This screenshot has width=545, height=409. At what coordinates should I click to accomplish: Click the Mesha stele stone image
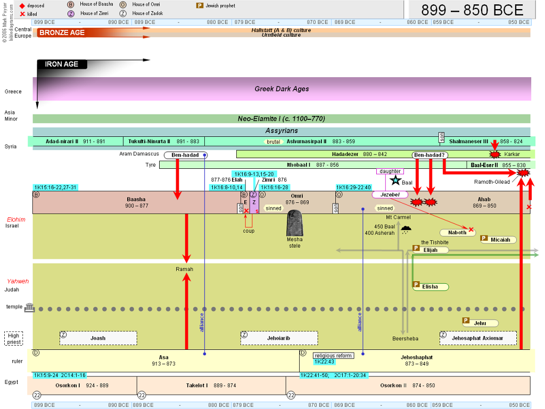tap(295, 224)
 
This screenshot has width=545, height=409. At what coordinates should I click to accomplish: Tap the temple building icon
tap(30, 307)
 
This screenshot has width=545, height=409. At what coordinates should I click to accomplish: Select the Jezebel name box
tap(390, 195)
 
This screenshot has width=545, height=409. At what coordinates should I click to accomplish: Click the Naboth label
tap(457, 233)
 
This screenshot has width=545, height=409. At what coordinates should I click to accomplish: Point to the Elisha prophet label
tap(430, 287)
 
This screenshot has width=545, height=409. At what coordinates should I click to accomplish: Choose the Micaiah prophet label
tap(498, 240)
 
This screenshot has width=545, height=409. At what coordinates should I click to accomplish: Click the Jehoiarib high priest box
tap(279, 338)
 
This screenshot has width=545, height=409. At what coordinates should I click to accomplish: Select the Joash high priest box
tap(98, 338)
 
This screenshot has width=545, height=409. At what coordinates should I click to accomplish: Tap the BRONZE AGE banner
tap(62, 32)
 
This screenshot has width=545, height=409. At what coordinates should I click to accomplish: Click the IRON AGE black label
tap(62, 64)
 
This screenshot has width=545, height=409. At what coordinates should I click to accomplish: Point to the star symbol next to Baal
tap(395, 181)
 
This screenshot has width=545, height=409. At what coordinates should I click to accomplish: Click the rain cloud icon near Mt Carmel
tap(406, 230)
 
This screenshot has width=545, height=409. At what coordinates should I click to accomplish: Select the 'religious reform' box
tap(333, 355)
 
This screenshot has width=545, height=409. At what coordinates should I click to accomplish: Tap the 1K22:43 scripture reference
tap(324, 362)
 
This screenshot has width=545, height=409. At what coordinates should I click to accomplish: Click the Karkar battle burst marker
tap(494, 154)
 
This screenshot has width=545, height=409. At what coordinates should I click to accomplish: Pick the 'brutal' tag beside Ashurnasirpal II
tap(273, 142)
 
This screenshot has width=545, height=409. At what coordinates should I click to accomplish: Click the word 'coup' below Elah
tap(249, 231)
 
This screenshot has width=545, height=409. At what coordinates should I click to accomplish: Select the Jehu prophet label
tap(481, 323)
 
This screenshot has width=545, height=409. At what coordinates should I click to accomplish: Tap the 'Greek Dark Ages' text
tap(282, 89)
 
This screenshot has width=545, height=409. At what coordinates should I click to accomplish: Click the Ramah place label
tap(184, 269)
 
